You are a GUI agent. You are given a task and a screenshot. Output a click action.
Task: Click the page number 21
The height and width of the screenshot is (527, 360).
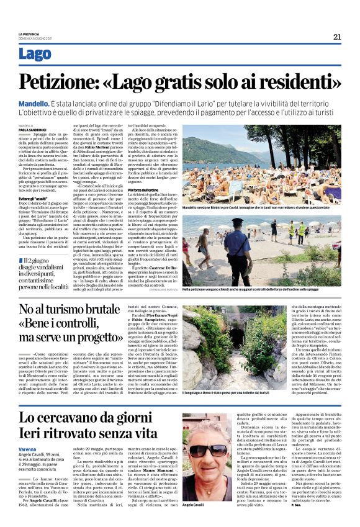336,37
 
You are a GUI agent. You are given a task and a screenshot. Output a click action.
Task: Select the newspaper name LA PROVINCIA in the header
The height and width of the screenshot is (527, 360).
29,34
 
